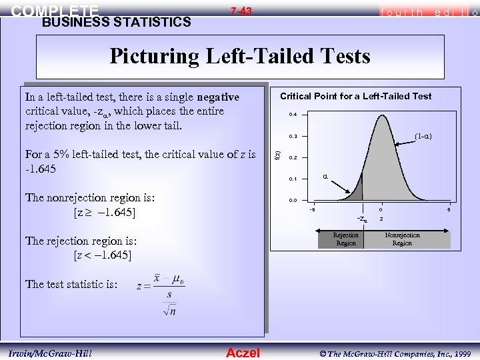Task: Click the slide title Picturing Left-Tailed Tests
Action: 240,56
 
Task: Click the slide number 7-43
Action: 241,11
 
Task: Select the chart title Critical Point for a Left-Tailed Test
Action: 355,96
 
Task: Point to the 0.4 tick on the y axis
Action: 293,115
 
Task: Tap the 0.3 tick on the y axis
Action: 293,137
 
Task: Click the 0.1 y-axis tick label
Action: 293,179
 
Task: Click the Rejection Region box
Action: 345,239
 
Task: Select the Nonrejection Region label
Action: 402,239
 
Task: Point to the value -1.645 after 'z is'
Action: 41,169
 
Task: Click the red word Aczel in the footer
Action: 243,353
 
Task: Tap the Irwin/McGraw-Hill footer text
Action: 50,353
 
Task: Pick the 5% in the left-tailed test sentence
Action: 57,155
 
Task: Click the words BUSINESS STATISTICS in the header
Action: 116,23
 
